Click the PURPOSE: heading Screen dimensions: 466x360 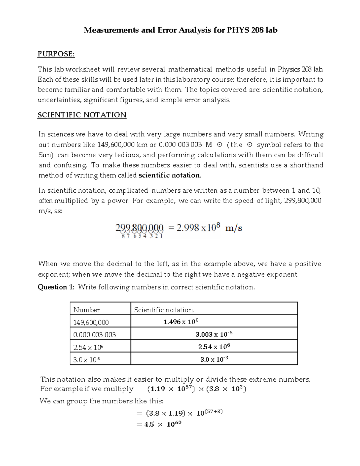pos(56,54)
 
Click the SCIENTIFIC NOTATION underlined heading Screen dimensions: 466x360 pos(82,115)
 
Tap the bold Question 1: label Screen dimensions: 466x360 pos(56,287)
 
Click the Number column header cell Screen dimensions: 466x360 pos(86,310)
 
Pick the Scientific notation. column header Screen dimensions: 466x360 pos(164,310)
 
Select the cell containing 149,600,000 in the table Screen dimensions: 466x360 pos(91,322)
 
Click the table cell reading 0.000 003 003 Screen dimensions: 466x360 pos(94,335)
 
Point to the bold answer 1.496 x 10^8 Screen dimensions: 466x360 pos(181,322)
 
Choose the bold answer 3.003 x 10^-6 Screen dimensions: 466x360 pos(214,334)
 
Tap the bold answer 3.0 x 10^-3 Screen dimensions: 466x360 pos(214,359)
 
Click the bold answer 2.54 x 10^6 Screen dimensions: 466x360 pos(214,347)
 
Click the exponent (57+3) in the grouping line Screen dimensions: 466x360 pos(214,412)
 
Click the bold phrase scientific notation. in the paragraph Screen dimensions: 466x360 pos(170,175)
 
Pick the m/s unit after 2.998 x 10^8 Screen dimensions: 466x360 pos(233,228)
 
